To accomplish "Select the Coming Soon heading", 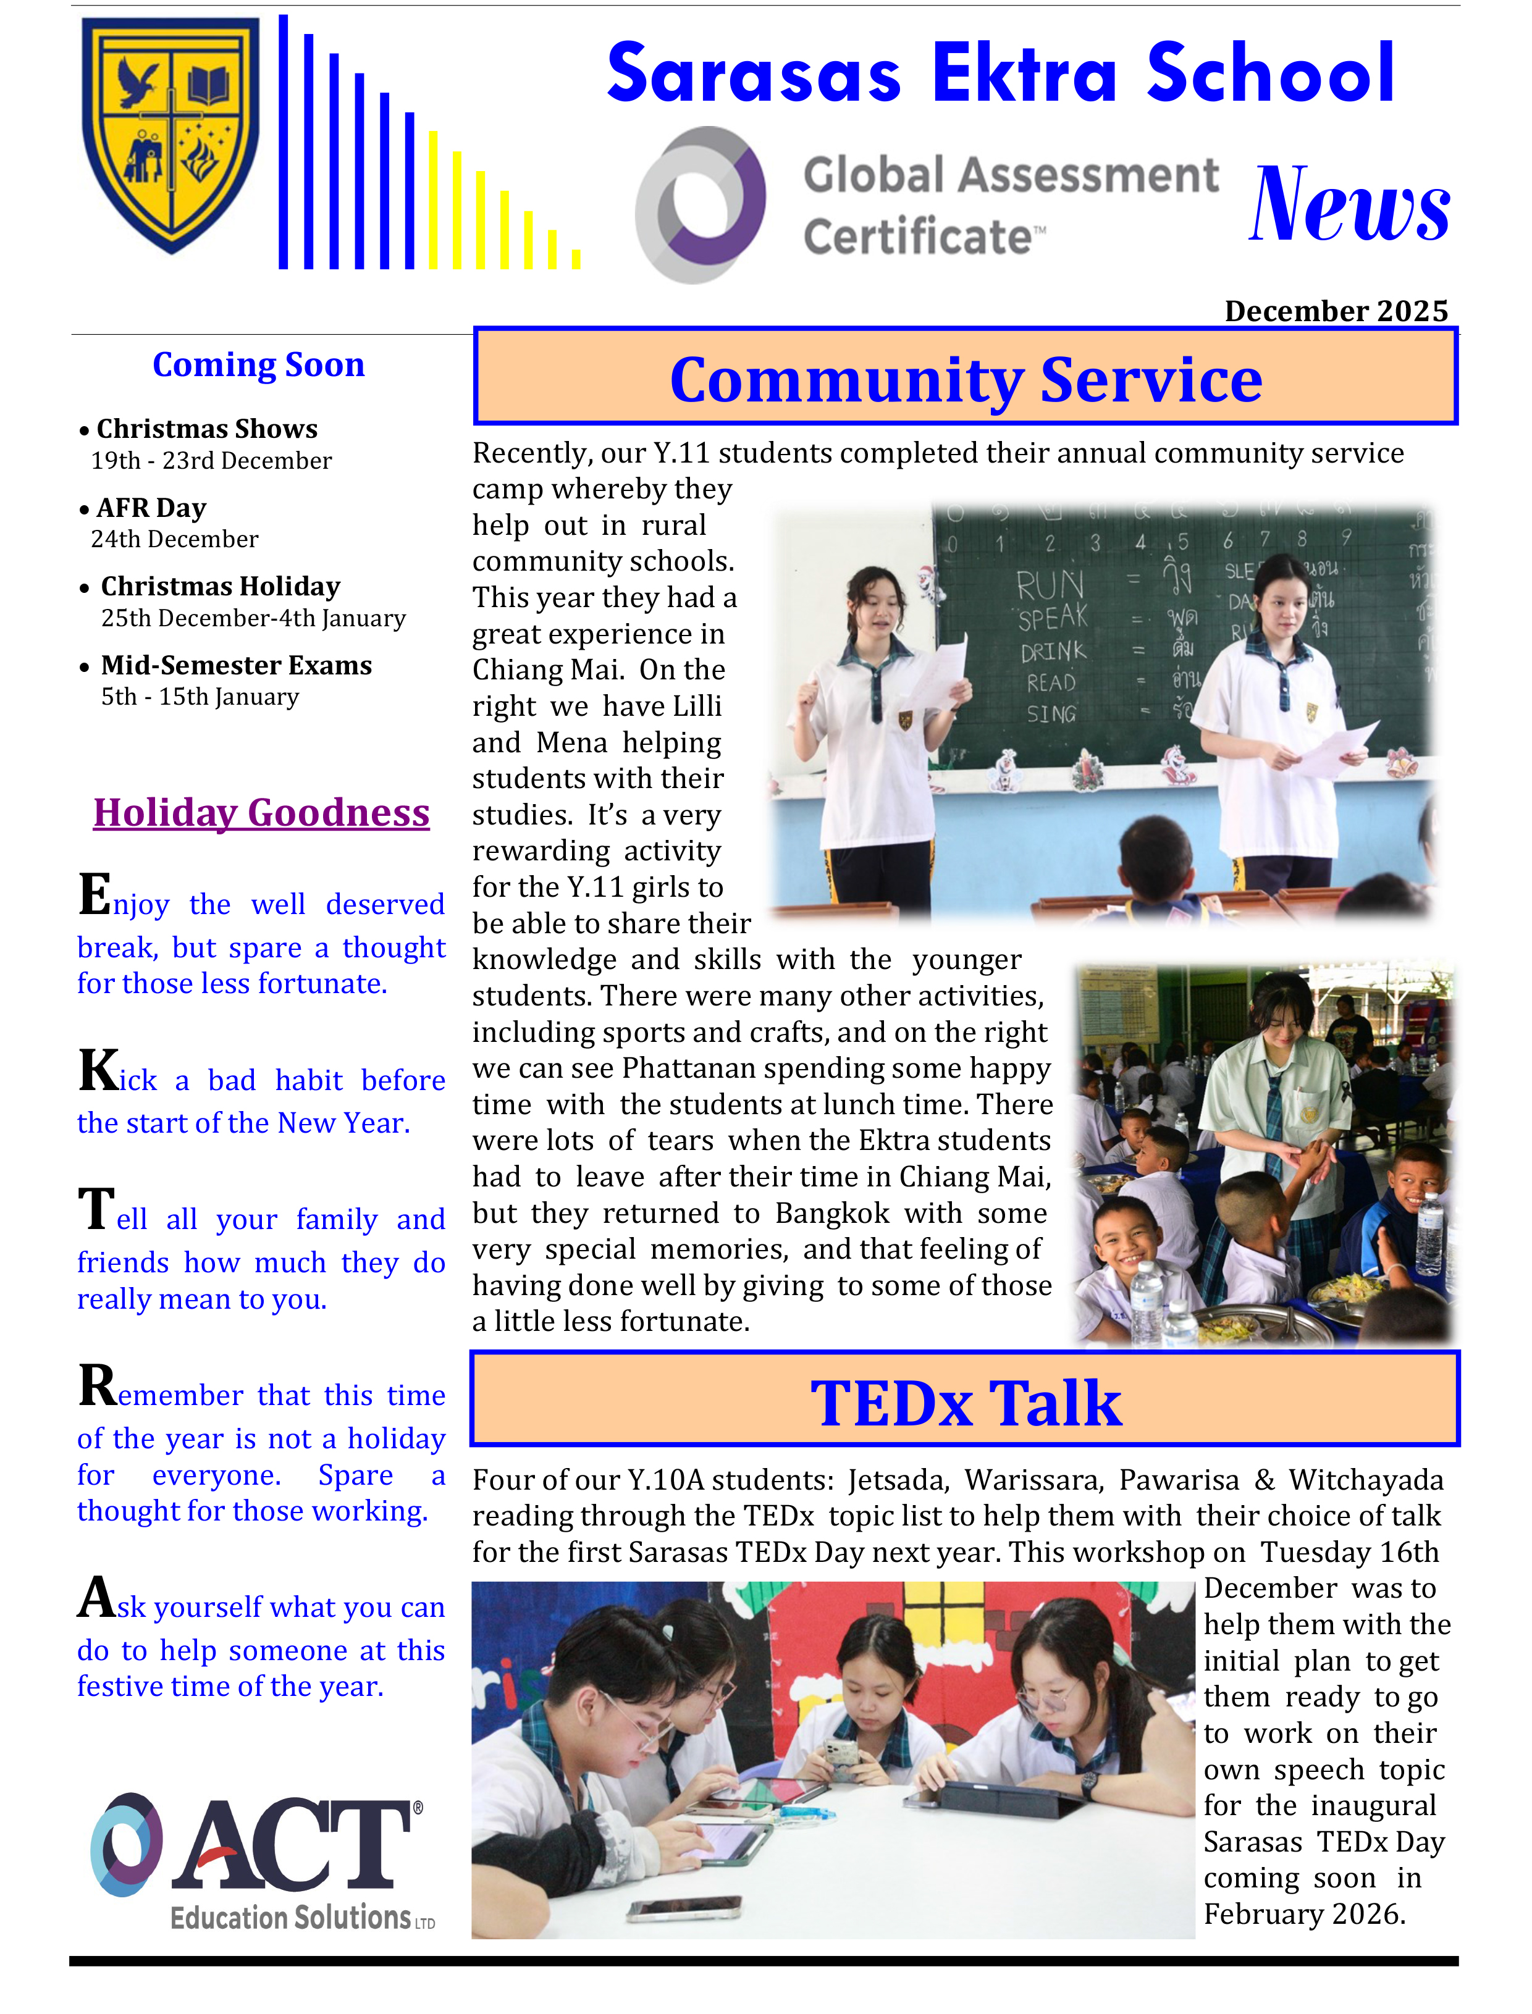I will click(x=258, y=364).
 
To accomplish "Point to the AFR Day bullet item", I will click(x=151, y=508).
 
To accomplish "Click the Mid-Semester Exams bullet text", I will click(x=236, y=666).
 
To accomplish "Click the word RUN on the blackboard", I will click(x=1050, y=584).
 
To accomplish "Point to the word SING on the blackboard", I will click(x=1051, y=714).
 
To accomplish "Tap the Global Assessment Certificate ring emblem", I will click(x=701, y=204).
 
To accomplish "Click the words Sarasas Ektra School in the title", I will click(x=1000, y=73).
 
